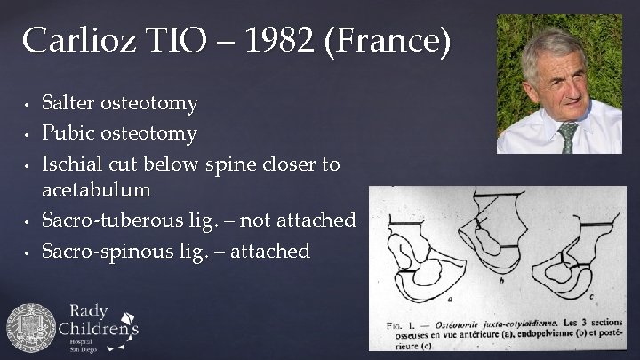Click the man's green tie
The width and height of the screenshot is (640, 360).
tap(567, 138)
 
